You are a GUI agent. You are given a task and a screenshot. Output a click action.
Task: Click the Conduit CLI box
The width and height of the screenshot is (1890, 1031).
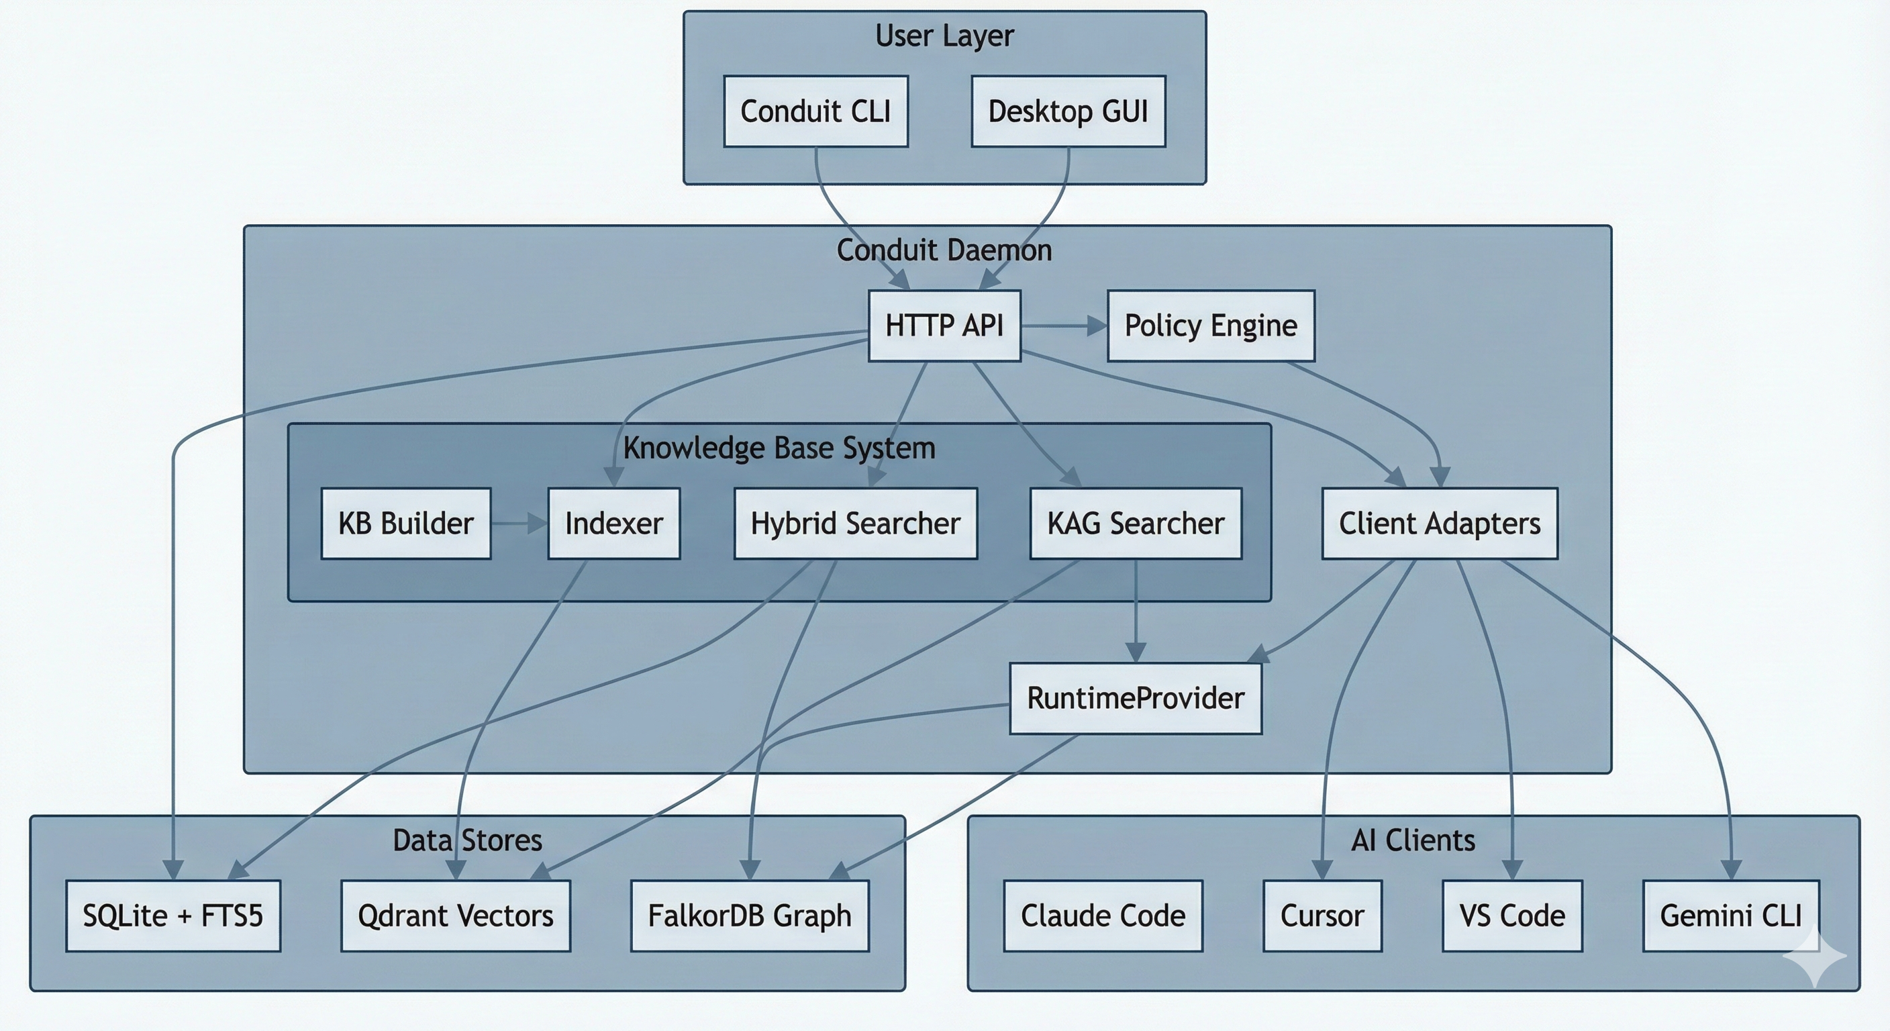[x=815, y=111]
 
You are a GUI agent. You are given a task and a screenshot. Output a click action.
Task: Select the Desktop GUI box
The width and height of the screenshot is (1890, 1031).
[x=1068, y=111]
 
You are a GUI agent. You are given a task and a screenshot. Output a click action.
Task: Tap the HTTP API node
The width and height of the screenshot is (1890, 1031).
[x=944, y=326]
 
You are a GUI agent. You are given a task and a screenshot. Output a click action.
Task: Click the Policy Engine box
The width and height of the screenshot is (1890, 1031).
[x=1211, y=326]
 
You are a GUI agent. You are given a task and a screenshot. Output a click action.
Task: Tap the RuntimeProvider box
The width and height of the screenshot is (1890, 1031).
[x=1135, y=699]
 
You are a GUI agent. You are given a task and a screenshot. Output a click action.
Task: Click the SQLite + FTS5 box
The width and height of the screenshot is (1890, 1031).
[x=172, y=916]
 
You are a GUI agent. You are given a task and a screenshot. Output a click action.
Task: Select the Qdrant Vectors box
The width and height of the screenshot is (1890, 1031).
[x=455, y=916]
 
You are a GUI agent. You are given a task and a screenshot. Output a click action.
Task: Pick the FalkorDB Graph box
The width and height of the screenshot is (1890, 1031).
[x=749, y=916]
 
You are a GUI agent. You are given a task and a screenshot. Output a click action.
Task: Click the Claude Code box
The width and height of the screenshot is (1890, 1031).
[x=1103, y=916]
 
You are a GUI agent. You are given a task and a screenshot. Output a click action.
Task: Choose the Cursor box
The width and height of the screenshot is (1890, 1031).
[x=1322, y=916]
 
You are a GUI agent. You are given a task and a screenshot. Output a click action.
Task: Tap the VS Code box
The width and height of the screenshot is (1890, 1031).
[x=1511, y=916]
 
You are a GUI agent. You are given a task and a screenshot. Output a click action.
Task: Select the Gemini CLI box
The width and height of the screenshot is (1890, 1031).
[x=1731, y=916]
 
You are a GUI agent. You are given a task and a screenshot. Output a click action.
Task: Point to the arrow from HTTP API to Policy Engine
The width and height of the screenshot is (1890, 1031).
[x=1063, y=326]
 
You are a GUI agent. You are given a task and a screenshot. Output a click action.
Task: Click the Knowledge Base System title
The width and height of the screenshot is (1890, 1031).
[x=779, y=448]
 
